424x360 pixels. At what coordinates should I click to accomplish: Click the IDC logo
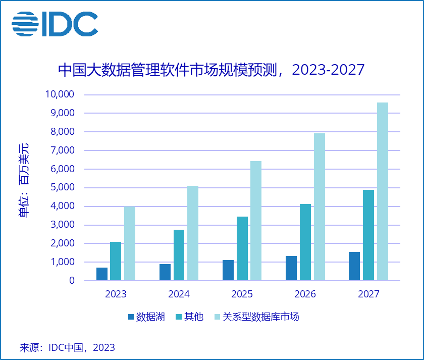pos(55,24)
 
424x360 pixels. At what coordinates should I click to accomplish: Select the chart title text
pos(211,69)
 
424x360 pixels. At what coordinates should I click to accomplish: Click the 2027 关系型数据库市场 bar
pos(382,191)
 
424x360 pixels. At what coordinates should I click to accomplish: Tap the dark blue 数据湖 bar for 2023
pos(102,274)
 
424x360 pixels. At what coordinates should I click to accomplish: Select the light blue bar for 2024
pos(193,233)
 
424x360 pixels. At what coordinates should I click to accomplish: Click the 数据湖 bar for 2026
pos(291,268)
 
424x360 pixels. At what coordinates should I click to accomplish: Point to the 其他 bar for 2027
pos(368,235)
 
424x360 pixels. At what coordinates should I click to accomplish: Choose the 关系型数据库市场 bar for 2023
pos(130,243)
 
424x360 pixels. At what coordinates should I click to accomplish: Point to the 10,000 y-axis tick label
pos(60,94)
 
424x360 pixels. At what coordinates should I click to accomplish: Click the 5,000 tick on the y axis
pos(63,187)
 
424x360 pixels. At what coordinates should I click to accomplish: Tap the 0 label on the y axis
pos(72,281)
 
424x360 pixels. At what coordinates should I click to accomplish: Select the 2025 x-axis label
pos(242,294)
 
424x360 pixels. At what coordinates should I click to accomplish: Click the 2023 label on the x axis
pos(116,294)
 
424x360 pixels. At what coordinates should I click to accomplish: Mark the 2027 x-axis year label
pos(368,294)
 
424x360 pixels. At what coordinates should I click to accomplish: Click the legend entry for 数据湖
pos(146,317)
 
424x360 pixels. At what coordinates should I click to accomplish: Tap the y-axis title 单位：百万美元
pos(24,180)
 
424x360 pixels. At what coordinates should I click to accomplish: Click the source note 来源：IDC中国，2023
pos(67,347)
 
